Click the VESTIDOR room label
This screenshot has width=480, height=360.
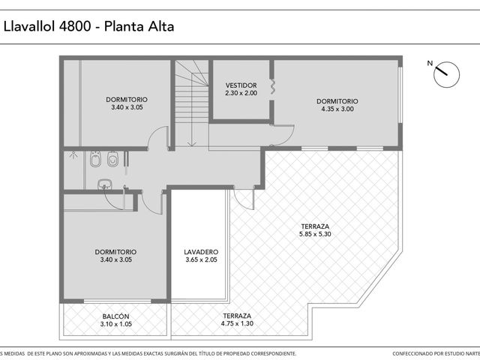point(241,85)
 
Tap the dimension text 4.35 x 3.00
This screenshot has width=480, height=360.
point(337,109)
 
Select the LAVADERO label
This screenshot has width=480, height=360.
point(201,252)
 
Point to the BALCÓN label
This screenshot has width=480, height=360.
point(115,316)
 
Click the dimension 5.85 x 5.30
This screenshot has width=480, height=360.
point(315,234)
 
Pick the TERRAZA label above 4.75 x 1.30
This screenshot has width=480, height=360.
point(237,316)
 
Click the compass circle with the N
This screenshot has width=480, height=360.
point(447,75)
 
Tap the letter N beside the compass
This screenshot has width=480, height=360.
point(430,63)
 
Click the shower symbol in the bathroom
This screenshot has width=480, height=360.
point(73,155)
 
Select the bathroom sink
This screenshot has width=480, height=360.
point(104,184)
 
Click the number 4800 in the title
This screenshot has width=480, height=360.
point(75,26)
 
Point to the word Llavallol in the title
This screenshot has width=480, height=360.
point(29,26)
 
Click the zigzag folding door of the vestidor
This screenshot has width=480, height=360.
point(272,87)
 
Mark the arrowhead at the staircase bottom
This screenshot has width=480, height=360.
point(192,143)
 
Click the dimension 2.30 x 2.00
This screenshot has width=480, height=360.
point(241,93)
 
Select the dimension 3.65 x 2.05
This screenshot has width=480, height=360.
point(201,259)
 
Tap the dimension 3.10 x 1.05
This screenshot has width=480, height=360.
point(115,324)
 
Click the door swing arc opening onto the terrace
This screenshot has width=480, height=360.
point(241,202)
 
